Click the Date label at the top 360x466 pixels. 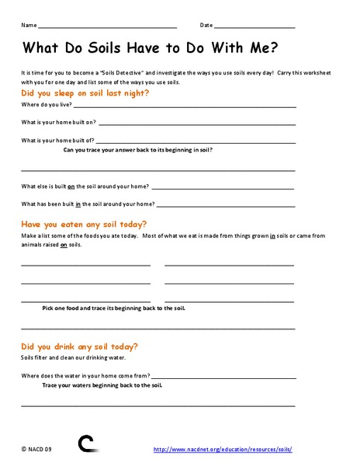point(206,26)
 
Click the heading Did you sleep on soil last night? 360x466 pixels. point(85,92)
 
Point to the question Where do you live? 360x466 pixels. point(44,103)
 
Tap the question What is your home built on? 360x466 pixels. point(57,122)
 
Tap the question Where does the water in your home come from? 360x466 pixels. point(85,375)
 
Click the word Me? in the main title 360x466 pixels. point(263,47)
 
